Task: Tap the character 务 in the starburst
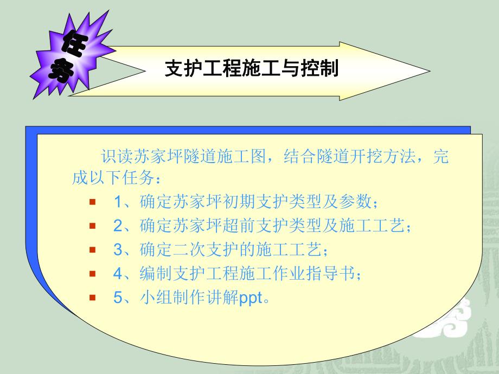pyautogui.click(x=61, y=70)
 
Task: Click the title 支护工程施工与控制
pyautogui.click(x=251, y=69)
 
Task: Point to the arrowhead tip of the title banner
pyautogui.click(x=430, y=70)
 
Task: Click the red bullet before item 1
pyautogui.click(x=92, y=202)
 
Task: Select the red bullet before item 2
pyautogui.click(x=92, y=226)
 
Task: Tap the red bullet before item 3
pyautogui.click(x=92, y=250)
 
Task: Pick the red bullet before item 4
pyautogui.click(x=92, y=274)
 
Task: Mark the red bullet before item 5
pyautogui.click(x=92, y=298)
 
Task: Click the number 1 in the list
pyautogui.click(x=118, y=202)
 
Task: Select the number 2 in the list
pyautogui.click(x=118, y=226)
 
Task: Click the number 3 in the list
pyautogui.click(x=118, y=250)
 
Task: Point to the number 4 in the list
pyautogui.click(x=118, y=274)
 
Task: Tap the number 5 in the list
pyautogui.click(x=118, y=298)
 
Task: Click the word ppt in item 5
pyautogui.click(x=251, y=299)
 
